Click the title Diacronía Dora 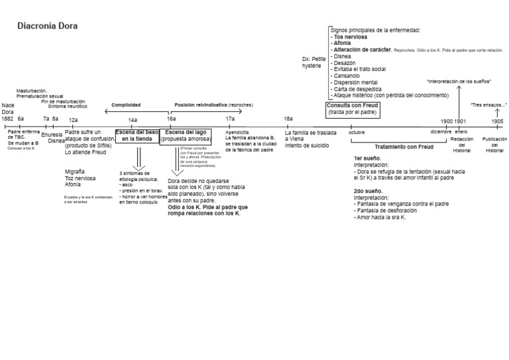coord(47,27)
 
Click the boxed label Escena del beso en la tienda coord(137,136)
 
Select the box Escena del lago coord(186,136)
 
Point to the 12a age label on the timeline coord(74,119)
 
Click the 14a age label coord(133,119)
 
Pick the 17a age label coord(230,119)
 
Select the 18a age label coord(288,119)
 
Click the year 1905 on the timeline coord(497,122)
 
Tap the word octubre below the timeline coord(357,133)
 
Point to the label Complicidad coord(126,105)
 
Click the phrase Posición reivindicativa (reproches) coord(213,105)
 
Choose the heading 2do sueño coord(368,191)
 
